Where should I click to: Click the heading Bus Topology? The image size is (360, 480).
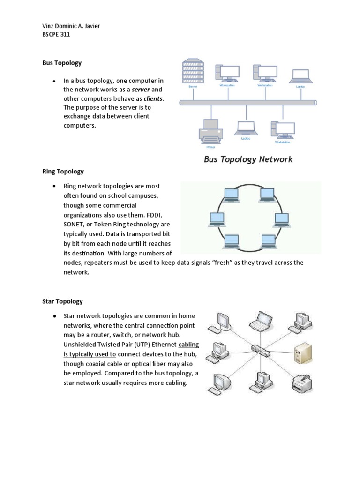pos(62,62)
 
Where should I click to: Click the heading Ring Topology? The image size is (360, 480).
pos(63,172)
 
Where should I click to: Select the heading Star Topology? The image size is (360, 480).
pos(62,301)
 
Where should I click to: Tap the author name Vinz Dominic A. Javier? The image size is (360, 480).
pos(71,26)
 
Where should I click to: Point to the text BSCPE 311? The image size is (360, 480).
pos(56,35)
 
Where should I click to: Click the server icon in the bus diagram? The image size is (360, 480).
pos(193,70)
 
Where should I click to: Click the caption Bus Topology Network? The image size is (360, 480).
pos(248,159)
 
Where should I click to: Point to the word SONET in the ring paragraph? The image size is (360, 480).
pos(75,224)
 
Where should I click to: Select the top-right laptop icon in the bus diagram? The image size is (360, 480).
pos(300,77)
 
